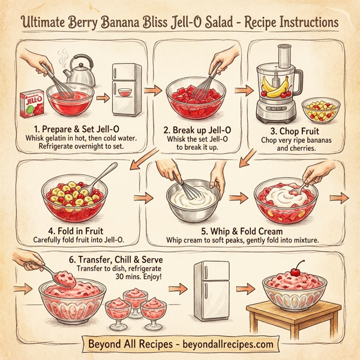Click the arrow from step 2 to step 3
pyautogui.click(x=243, y=90)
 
